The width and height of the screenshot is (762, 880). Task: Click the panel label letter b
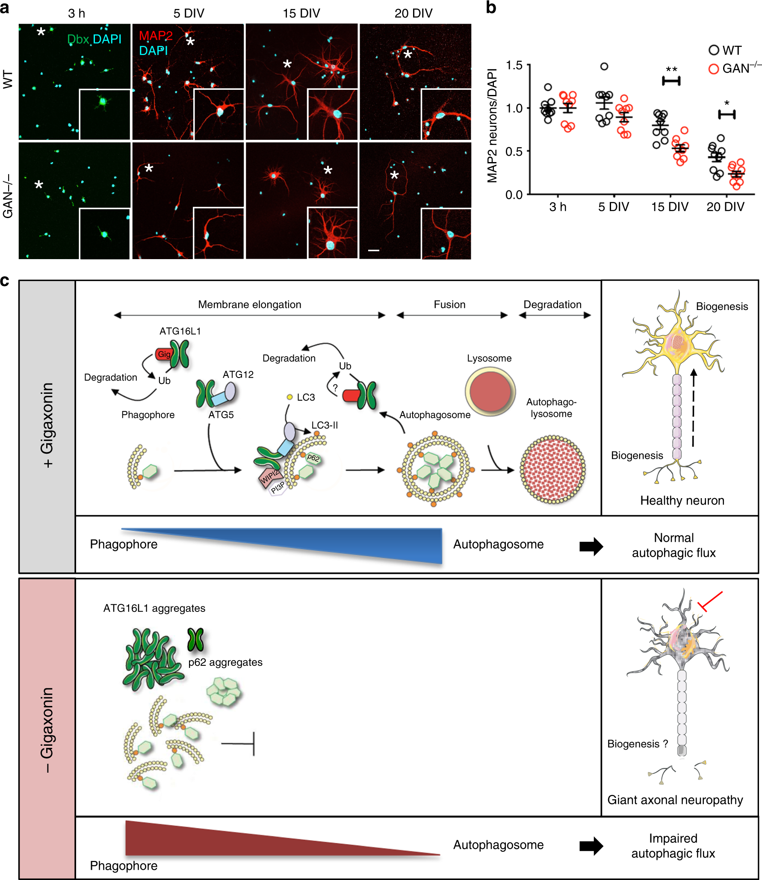tap(491, 8)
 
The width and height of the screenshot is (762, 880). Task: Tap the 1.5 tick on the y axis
tap(514, 65)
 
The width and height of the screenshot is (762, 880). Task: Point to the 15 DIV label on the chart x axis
tap(670, 207)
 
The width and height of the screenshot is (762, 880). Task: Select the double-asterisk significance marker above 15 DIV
tap(671, 70)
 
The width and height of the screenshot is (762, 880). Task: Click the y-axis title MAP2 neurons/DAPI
tap(493, 126)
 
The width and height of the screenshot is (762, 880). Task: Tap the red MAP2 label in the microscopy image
tap(156, 36)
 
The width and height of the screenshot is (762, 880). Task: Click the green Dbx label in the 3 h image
tap(78, 39)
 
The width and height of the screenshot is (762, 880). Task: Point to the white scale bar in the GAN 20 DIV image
tap(373, 250)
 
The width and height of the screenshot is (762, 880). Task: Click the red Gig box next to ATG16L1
tap(164, 354)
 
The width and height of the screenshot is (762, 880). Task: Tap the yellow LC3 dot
tap(289, 397)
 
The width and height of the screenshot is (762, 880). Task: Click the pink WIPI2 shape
tap(269, 477)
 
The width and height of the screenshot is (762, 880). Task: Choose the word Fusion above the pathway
tap(449, 304)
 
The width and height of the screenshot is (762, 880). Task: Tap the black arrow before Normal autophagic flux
tap(591, 546)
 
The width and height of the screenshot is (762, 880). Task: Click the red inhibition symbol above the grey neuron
tap(710, 600)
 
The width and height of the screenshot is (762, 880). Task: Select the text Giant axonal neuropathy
tap(675, 800)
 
